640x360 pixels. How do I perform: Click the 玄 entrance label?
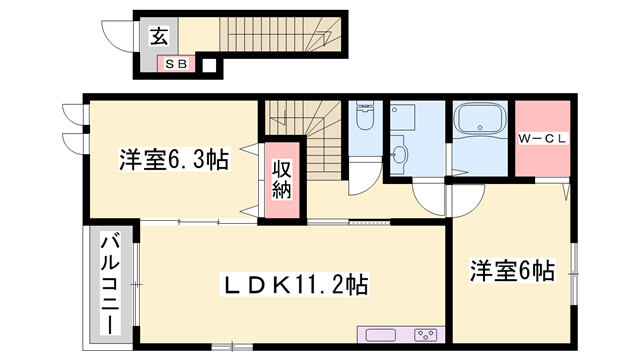[159, 36]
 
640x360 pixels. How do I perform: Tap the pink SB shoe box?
[182, 64]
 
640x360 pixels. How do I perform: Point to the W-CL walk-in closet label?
[543, 139]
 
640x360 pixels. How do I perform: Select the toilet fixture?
[364, 119]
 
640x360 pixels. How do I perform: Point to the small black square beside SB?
[209, 67]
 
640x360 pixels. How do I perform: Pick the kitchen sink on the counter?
[381, 335]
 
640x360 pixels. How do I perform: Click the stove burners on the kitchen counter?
[425, 335]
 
